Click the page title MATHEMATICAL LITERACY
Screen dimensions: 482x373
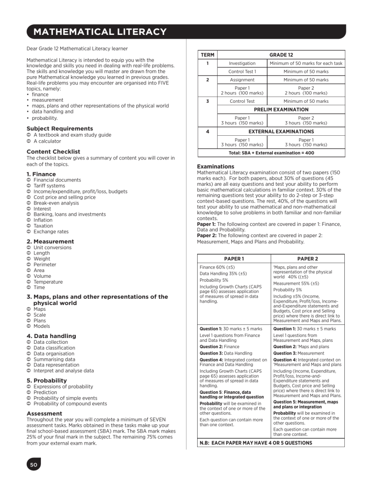(x=97, y=32)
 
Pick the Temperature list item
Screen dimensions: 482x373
(x=49, y=282)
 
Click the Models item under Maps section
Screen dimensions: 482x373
(x=42, y=326)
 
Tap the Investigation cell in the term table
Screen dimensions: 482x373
(x=242, y=64)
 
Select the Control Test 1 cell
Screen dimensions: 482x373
(x=242, y=72)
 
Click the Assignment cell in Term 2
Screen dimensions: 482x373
(x=242, y=80)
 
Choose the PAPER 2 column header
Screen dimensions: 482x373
(x=307, y=258)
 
